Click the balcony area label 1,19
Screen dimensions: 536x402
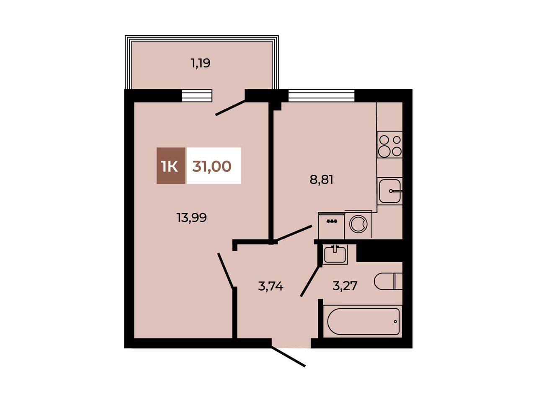click(x=200, y=64)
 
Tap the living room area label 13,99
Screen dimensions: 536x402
click(x=192, y=217)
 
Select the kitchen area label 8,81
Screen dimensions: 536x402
click(x=321, y=180)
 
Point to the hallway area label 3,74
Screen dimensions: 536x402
click(x=271, y=286)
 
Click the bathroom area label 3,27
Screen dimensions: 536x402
click(x=345, y=286)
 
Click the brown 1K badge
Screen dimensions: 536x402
click(x=171, y=166)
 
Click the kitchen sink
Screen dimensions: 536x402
click(x=390, y=191)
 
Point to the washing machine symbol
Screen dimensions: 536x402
click(x=358, y=224)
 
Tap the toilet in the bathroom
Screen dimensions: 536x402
click(x=388, y=281)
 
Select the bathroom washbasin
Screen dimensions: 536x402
click(x=335, y=254)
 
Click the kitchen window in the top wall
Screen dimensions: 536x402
click(x=321, y=95)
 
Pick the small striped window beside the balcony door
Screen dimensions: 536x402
click(x=196, y=95)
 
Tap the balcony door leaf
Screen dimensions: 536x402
click(x=230, y=108)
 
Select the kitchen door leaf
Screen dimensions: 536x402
click(x=292, y=233)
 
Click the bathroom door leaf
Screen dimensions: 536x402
click(x=310, y=282)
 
